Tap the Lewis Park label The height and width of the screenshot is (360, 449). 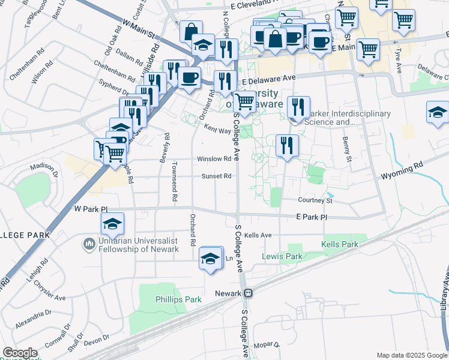click(282, 256)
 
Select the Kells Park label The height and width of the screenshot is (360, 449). click(339, 244)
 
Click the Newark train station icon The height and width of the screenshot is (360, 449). click(247, 293)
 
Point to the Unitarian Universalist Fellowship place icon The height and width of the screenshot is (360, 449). click(88, 244)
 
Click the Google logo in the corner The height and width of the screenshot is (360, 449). click(20, 353)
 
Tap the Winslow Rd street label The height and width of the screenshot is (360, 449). click(214, 159)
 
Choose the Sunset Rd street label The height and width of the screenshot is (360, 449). click(216, 176)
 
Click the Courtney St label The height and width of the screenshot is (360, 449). click(315, 200)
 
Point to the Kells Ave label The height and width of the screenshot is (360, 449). click(258, 235)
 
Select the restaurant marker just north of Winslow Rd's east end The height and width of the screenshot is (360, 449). click(287, 145)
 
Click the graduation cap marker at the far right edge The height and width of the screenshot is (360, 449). click(438, 112)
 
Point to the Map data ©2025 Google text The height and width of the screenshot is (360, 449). click(411, 355)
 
